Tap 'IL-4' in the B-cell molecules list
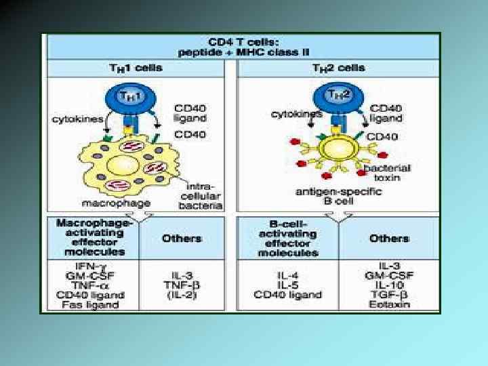point(289,275)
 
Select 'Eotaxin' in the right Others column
point(389,304)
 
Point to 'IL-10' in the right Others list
point(389,285)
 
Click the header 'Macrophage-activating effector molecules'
point(91,237)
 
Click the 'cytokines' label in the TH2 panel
point(296,114)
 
